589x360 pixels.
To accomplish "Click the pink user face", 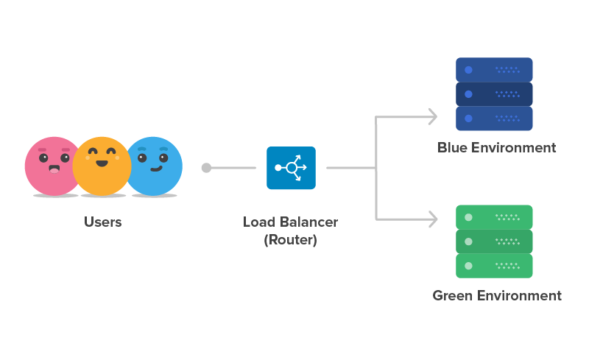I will [x=50, y=165].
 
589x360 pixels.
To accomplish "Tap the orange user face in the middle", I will [x=102, y=166].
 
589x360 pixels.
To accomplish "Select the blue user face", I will [x=156, y=165].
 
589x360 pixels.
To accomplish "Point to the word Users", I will [x=102, y=222].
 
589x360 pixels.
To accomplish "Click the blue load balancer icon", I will [x=291, y=168].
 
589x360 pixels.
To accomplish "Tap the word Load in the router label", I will [x=258, y=222].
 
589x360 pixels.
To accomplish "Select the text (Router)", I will [x=290, y=239].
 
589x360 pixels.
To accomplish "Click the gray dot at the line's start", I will [x=206, y=168].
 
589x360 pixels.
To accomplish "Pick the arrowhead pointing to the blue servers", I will [x=432, y=116].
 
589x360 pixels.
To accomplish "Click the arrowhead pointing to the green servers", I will [x=432, y=219].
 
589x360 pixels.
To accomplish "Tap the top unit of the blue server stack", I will [x=493, y=70].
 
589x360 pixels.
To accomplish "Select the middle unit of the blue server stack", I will [x=493, y=93].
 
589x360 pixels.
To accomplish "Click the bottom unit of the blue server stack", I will [x=493, y=118].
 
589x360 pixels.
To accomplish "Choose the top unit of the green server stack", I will [x=493, y=217].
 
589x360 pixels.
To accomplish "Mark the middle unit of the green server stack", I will [x=493, y=241].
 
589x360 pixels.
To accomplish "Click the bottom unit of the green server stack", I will [x=493, y=265].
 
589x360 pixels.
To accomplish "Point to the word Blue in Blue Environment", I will [x=452, y=147].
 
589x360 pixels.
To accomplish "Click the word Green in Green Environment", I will [x=452, y=296].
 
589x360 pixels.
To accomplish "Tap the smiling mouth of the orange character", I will [x=102, y=163].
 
